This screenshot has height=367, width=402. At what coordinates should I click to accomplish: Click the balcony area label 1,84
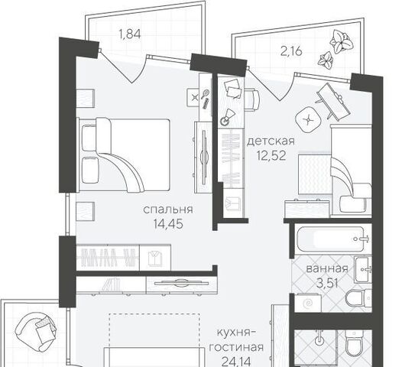(x=130, y=34)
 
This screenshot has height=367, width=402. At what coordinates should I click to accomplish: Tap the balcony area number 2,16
(x=291, y=51)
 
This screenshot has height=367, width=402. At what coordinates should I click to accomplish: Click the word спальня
(x=168, y=209)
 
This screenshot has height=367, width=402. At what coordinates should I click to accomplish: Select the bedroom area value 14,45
(x=168, y=224)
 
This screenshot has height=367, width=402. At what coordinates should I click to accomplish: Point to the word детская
(x=271, y=141)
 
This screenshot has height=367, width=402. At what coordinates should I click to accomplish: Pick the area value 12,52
(x=271, y=155)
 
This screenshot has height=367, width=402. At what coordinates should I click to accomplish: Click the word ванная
(x=327, y=268)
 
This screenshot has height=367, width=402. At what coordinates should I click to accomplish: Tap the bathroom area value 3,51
(x=327, y=283)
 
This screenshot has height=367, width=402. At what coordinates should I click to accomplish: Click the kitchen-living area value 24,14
(x=236, y=362)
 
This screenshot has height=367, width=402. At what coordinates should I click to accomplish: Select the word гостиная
(x=237, y=348)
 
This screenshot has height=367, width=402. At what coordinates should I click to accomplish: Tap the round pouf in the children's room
(x=308, y=120)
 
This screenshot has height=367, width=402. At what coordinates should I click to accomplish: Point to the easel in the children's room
(x=332, y=101)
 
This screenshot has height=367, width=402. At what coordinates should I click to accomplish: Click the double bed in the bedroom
(x=125, y=154)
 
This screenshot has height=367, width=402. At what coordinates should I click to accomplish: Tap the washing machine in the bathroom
(x=308, y=303)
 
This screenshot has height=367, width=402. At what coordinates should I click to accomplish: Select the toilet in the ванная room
(x=358, y=298)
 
